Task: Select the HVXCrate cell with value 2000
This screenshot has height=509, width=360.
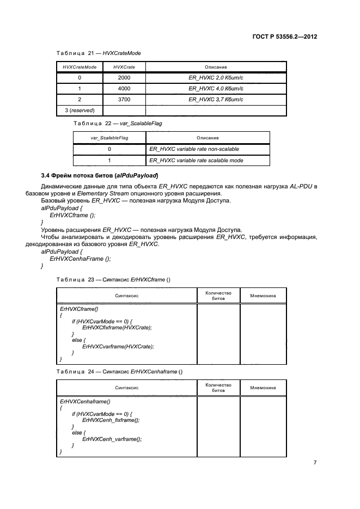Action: pos(124,78)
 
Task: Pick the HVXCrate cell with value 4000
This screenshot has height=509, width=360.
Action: pos(124,88)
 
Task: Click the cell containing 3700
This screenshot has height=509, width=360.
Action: pos(124,99)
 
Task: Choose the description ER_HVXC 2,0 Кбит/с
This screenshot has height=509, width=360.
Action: pos(216,78)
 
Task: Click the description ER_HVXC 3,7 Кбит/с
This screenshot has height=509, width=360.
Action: pos(216,99)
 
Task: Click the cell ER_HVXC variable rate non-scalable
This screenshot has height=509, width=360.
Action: pos(194,149)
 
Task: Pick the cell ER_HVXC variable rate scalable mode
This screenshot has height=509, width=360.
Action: pos(196,160)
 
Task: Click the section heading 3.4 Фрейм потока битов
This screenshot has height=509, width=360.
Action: pos(100,175)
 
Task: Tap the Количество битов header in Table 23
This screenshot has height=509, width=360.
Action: pos(218,296)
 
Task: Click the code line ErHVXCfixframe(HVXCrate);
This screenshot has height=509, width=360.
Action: pos(117,327)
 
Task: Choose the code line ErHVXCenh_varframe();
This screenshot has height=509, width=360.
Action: pos(111,439)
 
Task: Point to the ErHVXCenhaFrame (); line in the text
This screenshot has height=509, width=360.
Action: pos(76,259)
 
